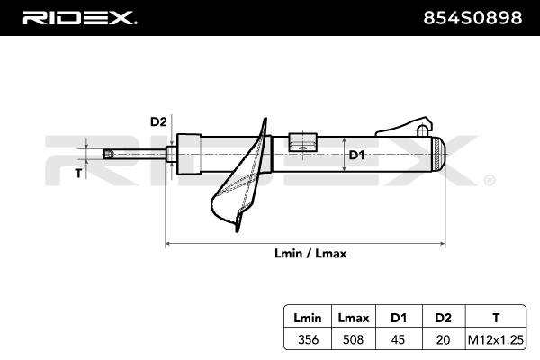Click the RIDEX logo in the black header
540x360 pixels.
[x=79, y=18]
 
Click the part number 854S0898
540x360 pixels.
[x=472, y=18]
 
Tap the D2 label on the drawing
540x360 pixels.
[x=158, y=121]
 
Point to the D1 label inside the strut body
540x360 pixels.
[x=356, y=155]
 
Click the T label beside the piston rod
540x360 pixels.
[x=79, y=174]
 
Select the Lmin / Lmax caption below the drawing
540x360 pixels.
[x=310, y=254]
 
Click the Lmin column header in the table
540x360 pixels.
[x=308, y=318]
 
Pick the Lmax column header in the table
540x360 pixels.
[x=354, y=318]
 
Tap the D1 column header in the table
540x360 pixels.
[x=399, y=318]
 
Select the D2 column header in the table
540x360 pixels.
[x=443, y=318]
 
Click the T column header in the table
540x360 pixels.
[x=496, y=318]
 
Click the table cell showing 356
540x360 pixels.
[x=308, y=339]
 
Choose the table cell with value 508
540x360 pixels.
[x=354, y=339]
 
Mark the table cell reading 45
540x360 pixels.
[x=398, y=339]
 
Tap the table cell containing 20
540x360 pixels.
[x=443, y=339]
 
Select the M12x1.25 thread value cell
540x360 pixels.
[x=496, y=339]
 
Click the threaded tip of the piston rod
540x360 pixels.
[x=109, y=154]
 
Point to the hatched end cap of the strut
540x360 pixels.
[x=438, y=154]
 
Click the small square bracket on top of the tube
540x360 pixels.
[x=302, y=142]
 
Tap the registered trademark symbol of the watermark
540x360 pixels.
[x=490, y=180]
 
